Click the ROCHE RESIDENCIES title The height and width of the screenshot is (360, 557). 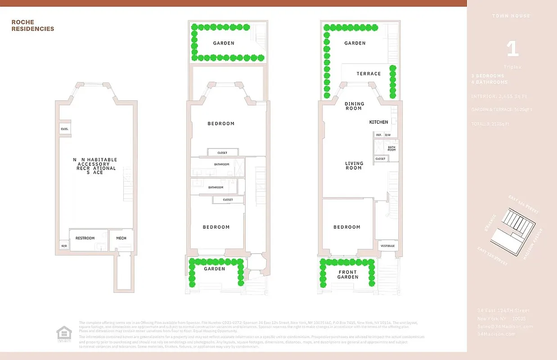tap(32, 26)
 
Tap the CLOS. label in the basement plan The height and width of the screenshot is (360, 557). tap(64, 129)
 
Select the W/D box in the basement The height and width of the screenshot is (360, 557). tap(64, 246)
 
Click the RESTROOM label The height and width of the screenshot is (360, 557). tap(85, 238)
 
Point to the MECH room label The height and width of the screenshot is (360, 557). tap(121, 238)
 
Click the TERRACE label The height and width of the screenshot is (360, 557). tap(368, 74)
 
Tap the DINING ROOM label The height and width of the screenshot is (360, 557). tap(354, 106)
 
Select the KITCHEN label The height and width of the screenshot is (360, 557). tap(378, 122)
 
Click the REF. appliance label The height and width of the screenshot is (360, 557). tap(378, 135)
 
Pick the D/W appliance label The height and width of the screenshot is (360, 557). tap(387, 135)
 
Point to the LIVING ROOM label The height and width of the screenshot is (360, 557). tap(354, 166)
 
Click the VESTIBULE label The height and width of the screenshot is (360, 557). tap(387, 246)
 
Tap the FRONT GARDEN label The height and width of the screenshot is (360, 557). tap(348, 274)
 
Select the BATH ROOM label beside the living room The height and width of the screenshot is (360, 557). tap(391, 148)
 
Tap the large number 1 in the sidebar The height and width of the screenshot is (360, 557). tap(512, 49)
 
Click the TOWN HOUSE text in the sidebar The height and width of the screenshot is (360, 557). tap(512, 16)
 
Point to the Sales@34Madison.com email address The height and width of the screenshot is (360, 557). tap(505, 326)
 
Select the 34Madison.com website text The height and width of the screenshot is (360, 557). tap(496, 334)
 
